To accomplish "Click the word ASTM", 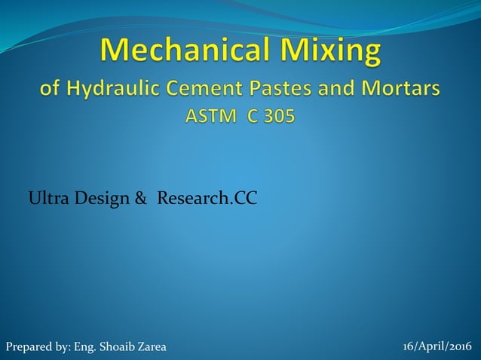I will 208,119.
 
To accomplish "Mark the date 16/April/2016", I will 437,346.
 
